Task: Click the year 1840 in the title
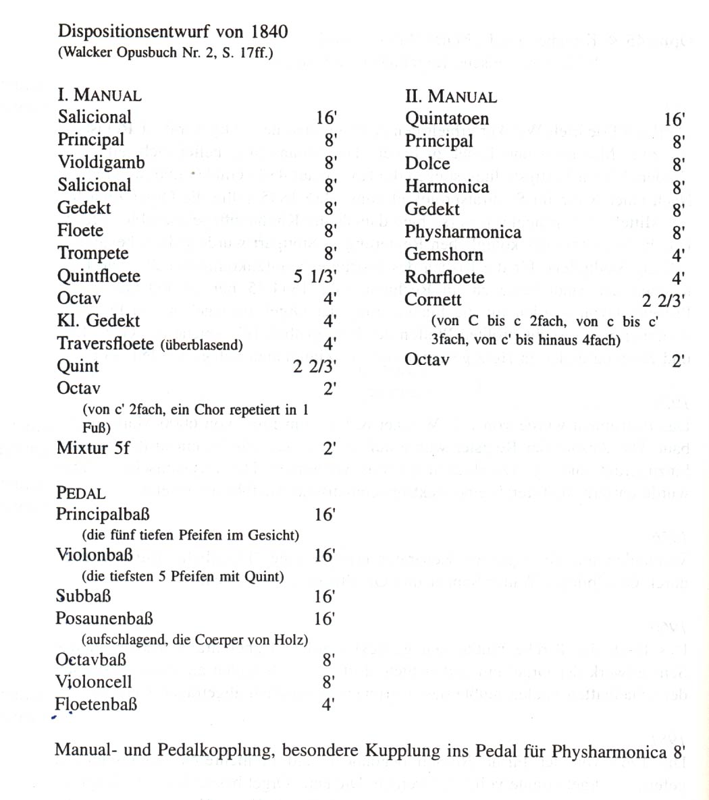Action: point(269,32)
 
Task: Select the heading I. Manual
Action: point(99,95)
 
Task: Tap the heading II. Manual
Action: point(450,96)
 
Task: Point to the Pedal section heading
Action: point(80,492)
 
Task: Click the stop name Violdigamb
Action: point(101,163)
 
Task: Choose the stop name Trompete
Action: point(93,253)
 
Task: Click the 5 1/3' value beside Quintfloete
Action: point(315,276)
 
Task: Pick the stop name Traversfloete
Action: point(106,343)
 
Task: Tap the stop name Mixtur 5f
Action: point(93,447)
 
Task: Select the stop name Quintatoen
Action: point(446,119)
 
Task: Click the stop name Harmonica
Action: point(446,186)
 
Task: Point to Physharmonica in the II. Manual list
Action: point(463,232)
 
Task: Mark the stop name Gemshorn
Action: point(444,255)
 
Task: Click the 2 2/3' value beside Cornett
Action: point(663,300)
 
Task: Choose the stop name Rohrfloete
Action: point(444,277)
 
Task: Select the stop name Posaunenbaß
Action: point(104,618)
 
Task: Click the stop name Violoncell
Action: point(94,682)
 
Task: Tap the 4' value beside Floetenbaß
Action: point(329,705)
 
